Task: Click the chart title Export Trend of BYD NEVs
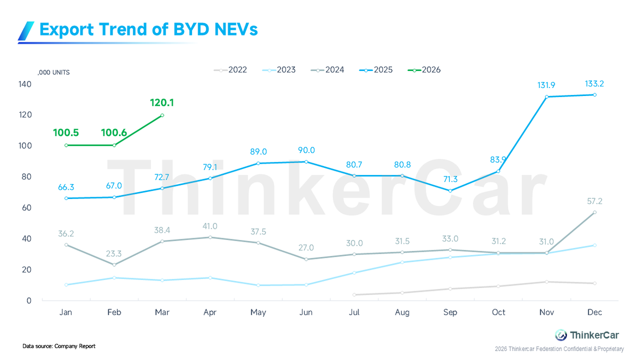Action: click(x=148, y=29)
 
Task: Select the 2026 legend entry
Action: click(x=425, y=70)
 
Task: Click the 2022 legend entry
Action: click(x=230, y=70)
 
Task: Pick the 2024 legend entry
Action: click(x=327, y=70)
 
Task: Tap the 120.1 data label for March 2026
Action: click(x=162, y=102)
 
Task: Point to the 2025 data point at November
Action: click(x=547, y=97)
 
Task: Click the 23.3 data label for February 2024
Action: click(x=113, y=254)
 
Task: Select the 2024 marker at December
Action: click(x=595, y=212)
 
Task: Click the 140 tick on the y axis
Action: click(x=25, y=84)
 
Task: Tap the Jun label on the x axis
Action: click(x=306, y=313)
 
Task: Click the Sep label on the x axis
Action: click(x=450, y=313)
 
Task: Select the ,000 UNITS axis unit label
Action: click(x=54, y=73)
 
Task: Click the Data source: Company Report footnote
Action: click(x=59, y=346)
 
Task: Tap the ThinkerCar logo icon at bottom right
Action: click(x=561, y=335)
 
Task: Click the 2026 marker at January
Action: click(x=66, y=145)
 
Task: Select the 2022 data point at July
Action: click(x=354, y=294)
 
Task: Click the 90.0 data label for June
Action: click(x=306, y=151)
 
